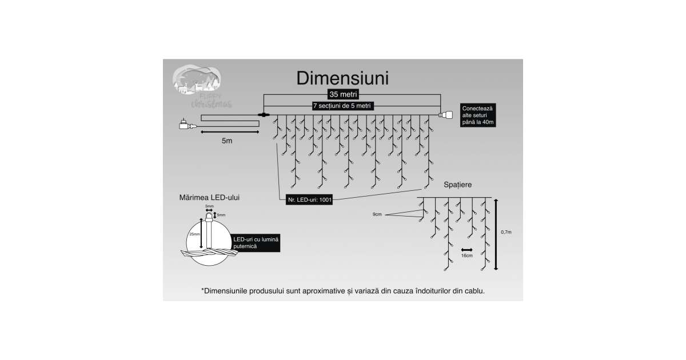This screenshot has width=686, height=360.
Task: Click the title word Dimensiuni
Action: (x=342, y=78)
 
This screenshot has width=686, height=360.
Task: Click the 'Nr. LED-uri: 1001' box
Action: (x=309, y=199)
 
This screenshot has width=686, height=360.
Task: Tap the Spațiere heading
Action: (x=458, y=185)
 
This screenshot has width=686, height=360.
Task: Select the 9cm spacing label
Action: (x=376, y=214)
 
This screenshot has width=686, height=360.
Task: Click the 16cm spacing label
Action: (x=467, y=255)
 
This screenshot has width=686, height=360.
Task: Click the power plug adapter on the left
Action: (x=186, y=125)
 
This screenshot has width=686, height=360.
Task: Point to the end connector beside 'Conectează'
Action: (x=445, y=115)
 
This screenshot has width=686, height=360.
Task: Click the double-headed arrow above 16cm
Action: (x=467, y=249)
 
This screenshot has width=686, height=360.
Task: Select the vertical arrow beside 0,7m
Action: (x=496, y=234)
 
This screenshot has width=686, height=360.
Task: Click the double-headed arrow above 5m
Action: (x=229, y=132)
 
